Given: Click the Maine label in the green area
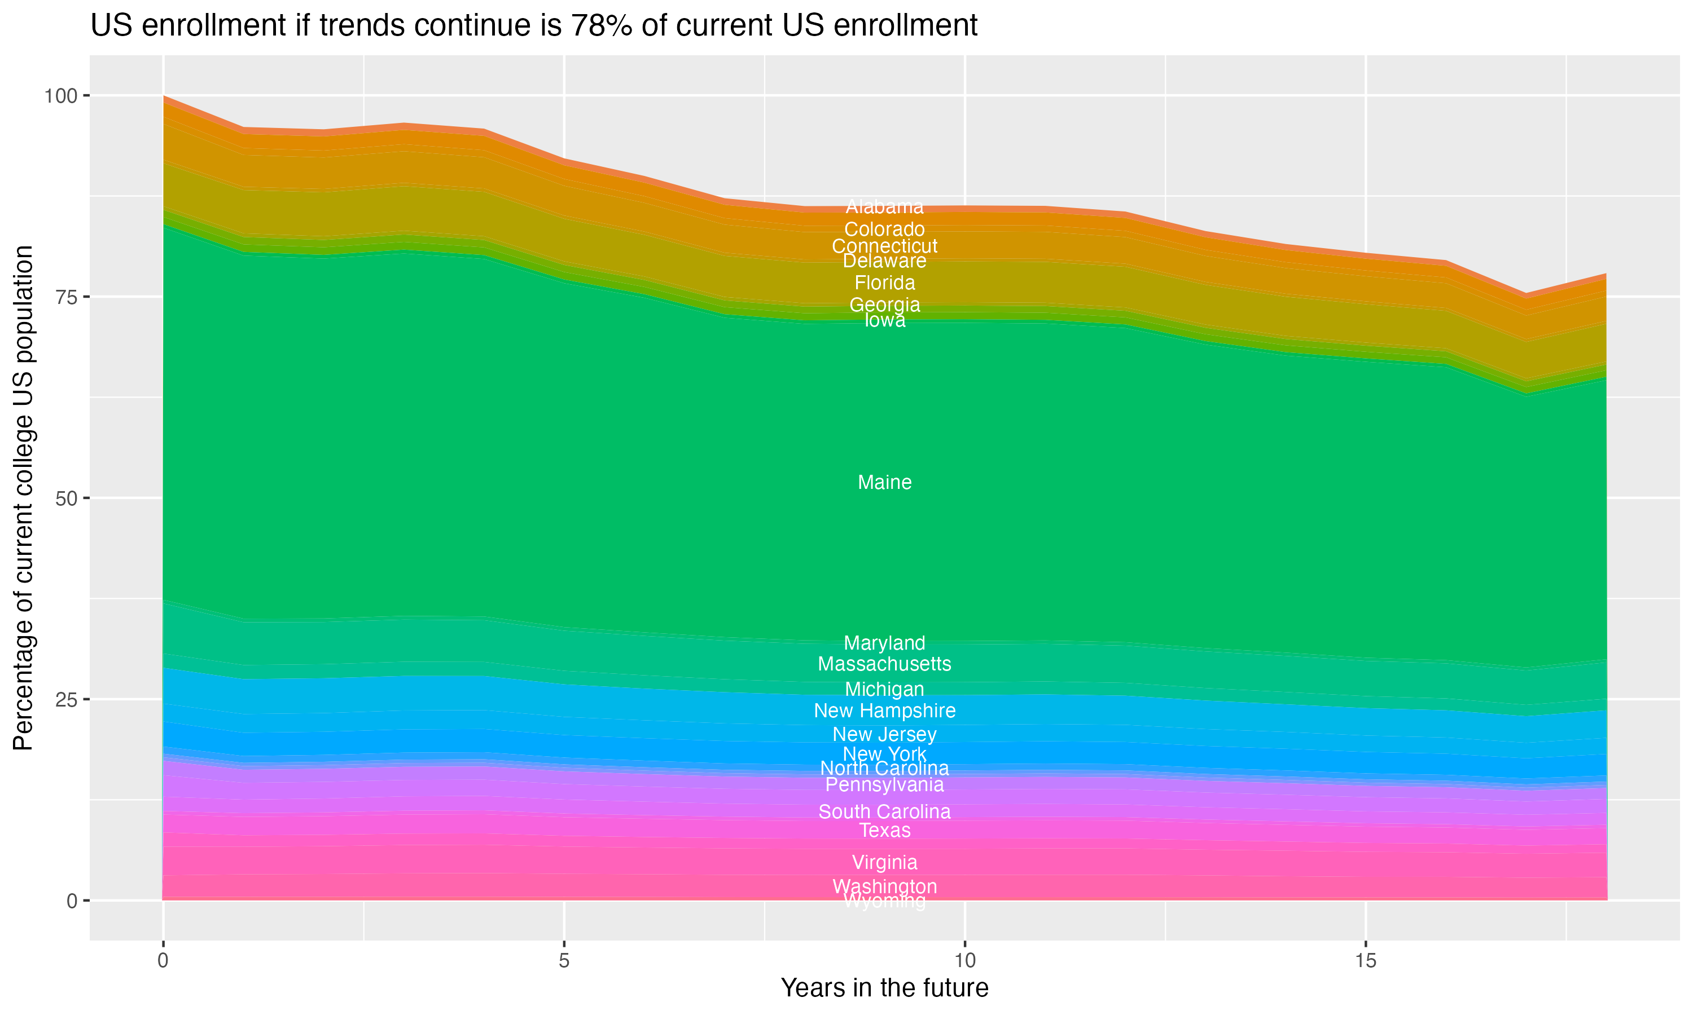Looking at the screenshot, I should tap(884, 482).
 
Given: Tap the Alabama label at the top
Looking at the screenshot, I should tap(884, 206).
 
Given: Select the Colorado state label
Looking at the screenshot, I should tap(884, 229).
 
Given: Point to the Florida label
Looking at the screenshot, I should tap(884, 283).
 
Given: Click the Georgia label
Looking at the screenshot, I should tap(884, 304).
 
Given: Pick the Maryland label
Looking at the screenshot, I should tap(884, 643).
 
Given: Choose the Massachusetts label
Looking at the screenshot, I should tap(884, 664).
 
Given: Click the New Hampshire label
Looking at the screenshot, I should tap(884, 710).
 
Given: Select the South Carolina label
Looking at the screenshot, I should tap(884, 812).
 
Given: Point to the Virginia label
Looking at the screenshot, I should tap(884, 863).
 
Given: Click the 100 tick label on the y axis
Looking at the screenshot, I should tap(62, 96).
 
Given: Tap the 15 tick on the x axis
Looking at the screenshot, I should tap(1365, 961).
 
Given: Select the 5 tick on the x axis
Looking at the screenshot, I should tap(564, 961).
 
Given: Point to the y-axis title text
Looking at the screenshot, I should tap(23, 498).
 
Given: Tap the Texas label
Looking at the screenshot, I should tap(884, 831).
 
